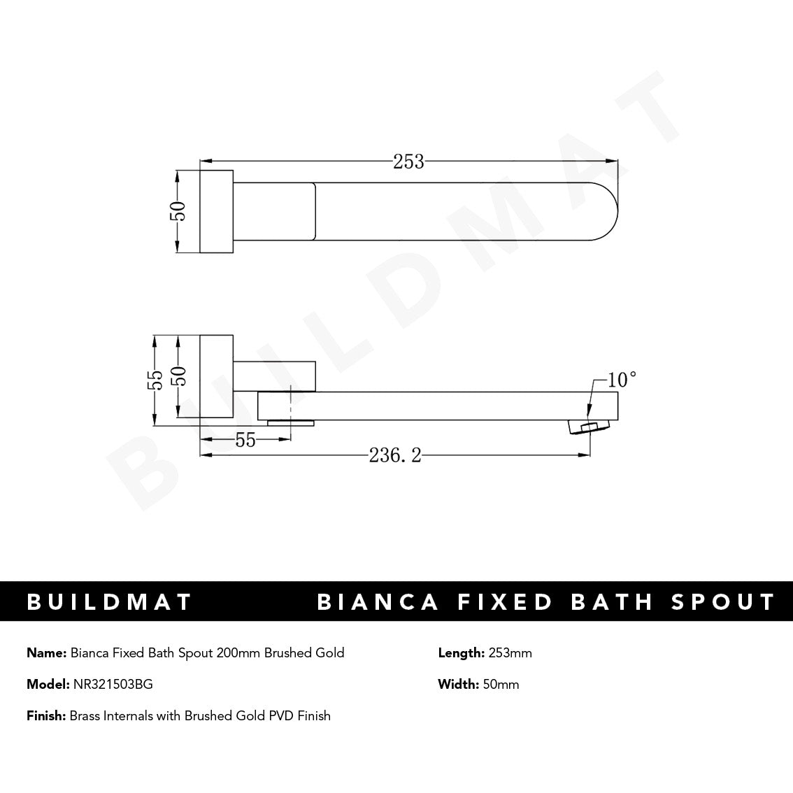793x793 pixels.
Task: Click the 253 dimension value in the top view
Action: point(408,162)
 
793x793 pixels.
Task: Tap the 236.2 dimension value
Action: point(395,456)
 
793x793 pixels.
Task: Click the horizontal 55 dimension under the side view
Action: point(245,440)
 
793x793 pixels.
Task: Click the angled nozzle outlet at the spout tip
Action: point(587,427)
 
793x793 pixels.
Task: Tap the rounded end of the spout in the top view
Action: point(607,211)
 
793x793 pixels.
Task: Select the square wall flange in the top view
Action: point(217,211)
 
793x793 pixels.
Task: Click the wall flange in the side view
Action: point(217,377)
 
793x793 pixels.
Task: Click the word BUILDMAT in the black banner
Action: point(109,602)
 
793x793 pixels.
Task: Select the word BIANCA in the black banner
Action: point(378,602)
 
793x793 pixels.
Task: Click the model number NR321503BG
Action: point(113,685)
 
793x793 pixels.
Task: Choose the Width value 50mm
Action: point(501,685)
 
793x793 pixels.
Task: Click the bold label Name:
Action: point(47,653)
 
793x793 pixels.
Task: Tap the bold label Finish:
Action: point(46,715)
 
